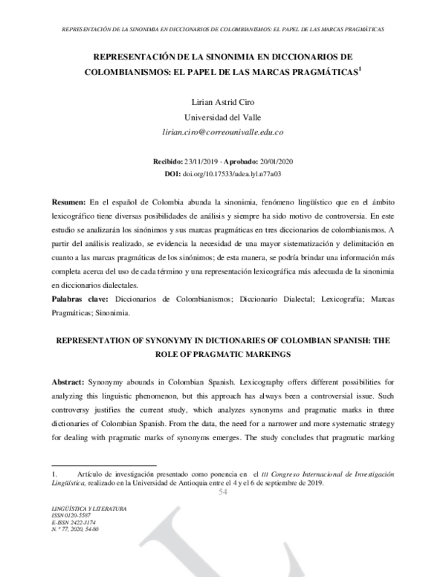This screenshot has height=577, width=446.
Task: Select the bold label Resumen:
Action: tap(68, 202)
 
